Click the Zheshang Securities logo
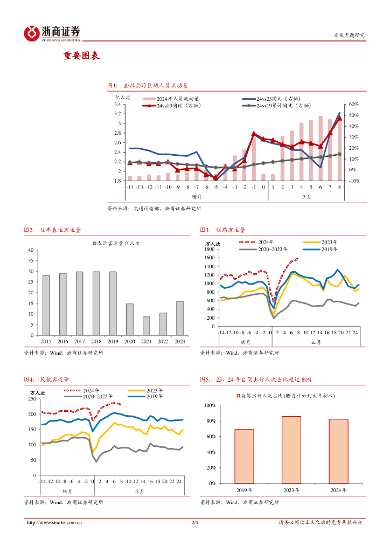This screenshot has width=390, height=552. pyautogui.click(x=52, y=33)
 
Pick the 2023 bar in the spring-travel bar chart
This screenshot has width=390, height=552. pyautogui.click(x=179, y=318)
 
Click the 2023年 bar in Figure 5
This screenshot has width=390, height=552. pyautogui.click(x=291, y=449)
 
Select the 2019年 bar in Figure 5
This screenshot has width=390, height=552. pyautogui.click(x=244, y=456)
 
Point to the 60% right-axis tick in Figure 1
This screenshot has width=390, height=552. pyautogui.click(x=354, y=104)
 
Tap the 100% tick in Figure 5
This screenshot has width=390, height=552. pyautogui.click(x=209, y=405)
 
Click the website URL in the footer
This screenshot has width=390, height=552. pyautogui.click(x=54, y=522)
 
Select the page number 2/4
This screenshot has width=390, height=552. pyautogui.click(x=195, y=522)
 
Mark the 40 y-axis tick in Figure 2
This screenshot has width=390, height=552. pyautogui.click(x=31, y=250)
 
